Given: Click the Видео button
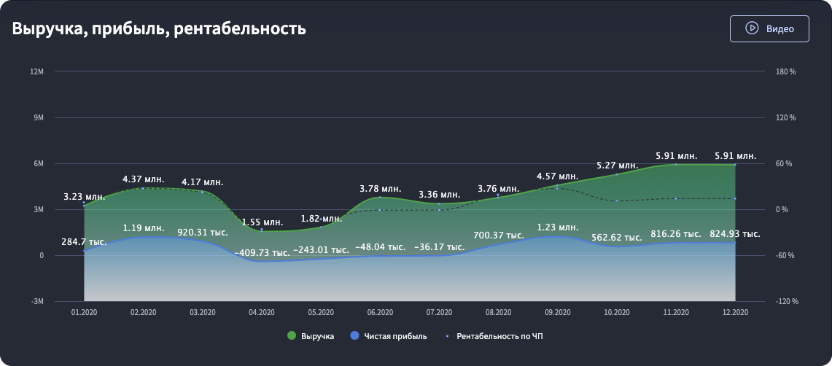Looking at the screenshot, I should tap(769, 28).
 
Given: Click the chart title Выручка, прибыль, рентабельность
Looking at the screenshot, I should tap(159, 29).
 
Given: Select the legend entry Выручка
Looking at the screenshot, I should tap(311, 336).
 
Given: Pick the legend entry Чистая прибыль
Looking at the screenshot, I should tap(389, 336).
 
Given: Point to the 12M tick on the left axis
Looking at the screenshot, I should tap(37, 71).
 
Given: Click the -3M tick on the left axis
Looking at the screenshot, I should tap(37, 301).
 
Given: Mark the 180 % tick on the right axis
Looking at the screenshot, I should tap(785, 71).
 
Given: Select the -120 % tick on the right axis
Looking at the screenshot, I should tap(787, 301).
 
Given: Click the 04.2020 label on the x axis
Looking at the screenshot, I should tap(262, 312).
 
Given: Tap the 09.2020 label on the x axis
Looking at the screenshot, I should tap(558, 312).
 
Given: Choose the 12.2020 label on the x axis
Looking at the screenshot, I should tap(735, 312).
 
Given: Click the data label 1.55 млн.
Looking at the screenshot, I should tap(263, 222).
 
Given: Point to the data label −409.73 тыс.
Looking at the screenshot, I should tap(261, 252).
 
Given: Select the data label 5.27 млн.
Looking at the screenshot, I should tap(618, 166).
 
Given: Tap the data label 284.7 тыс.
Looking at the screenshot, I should tap(84, 241).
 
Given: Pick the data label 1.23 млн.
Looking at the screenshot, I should tap(558, 227).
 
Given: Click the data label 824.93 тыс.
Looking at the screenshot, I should tap(735, 234).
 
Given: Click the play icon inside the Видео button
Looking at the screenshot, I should tap(752, 28).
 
